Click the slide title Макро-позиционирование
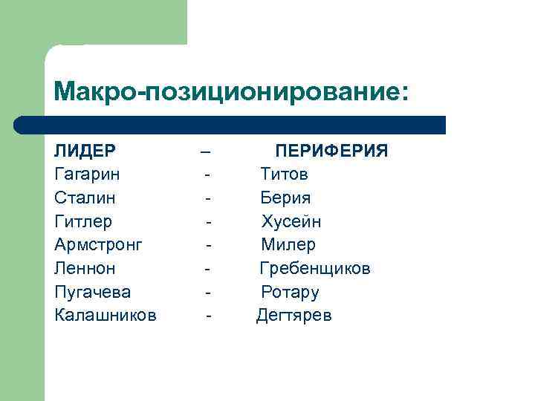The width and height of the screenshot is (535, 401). [x=231, y=93]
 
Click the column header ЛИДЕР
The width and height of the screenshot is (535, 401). [x=85, y=151]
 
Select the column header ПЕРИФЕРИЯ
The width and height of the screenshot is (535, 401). [x=331, y=151]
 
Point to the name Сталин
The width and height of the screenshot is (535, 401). [x=85, y=198]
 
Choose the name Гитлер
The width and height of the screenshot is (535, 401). [x=83, y=222]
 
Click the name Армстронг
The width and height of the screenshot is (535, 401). [x=98, y=245]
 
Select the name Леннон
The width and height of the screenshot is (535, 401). [x=85, y=268]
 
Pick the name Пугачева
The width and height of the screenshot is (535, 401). [x=92, y=292]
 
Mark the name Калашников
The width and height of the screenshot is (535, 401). [x=106, y=316]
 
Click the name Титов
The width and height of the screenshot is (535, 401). [x=284, y=175]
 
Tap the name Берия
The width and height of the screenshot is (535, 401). [x=285, y=198]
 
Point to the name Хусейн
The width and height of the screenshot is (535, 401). [x=291, y=222]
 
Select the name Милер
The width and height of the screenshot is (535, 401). [x=288, y=245]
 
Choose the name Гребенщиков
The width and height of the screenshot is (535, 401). [x=314, y=268]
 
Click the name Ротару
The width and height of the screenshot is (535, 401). [x=290, y=292]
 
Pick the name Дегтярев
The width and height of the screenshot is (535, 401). [x=294, y=316]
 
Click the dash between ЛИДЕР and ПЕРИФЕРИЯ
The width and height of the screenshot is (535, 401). [x=206, y=152]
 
